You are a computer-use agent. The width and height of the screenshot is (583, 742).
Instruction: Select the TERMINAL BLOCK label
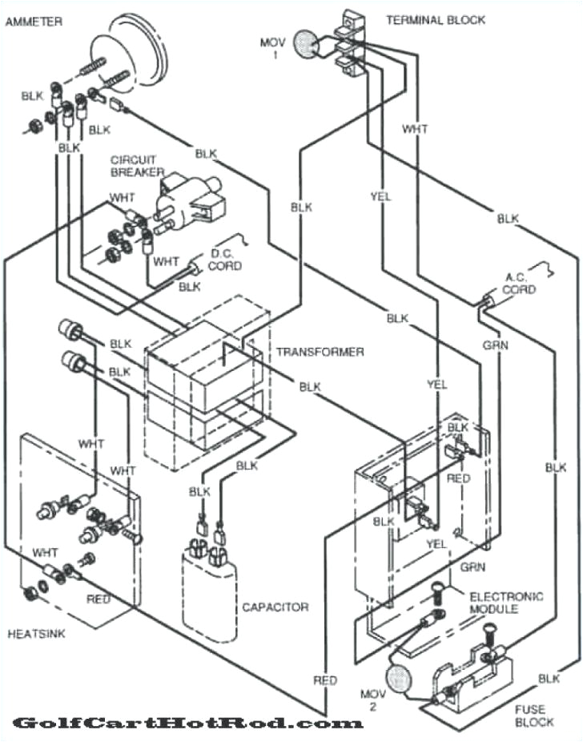tap(435, 20)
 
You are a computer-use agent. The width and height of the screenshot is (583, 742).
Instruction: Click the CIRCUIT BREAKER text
tap(138, 166)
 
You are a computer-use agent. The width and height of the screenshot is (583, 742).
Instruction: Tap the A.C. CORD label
tap(519, 284)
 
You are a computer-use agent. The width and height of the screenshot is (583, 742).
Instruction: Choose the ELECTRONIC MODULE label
tap(505, 603)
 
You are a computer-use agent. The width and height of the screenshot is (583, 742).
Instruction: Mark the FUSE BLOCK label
tap(533, 715)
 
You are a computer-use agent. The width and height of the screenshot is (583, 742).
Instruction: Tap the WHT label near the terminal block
tap(415, 128)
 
